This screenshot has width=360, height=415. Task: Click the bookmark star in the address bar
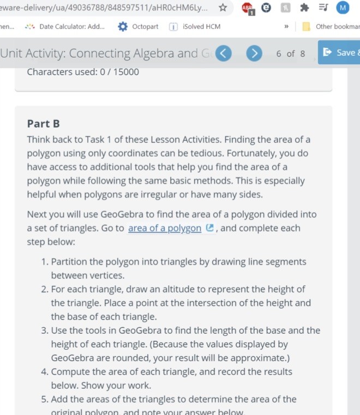223,8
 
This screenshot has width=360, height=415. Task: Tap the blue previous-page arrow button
224,53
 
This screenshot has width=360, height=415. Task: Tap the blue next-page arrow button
254,53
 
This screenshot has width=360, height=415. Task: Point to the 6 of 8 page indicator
290,53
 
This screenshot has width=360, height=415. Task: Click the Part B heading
44,124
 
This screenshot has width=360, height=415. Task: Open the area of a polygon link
164,228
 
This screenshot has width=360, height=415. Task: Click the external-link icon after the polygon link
210,228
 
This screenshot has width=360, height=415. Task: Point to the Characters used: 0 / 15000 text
83,71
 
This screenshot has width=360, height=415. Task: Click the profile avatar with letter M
343,8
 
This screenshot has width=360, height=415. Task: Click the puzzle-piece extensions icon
304,8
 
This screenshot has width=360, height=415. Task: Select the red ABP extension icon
248,8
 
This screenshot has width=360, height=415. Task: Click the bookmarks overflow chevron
286,27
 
